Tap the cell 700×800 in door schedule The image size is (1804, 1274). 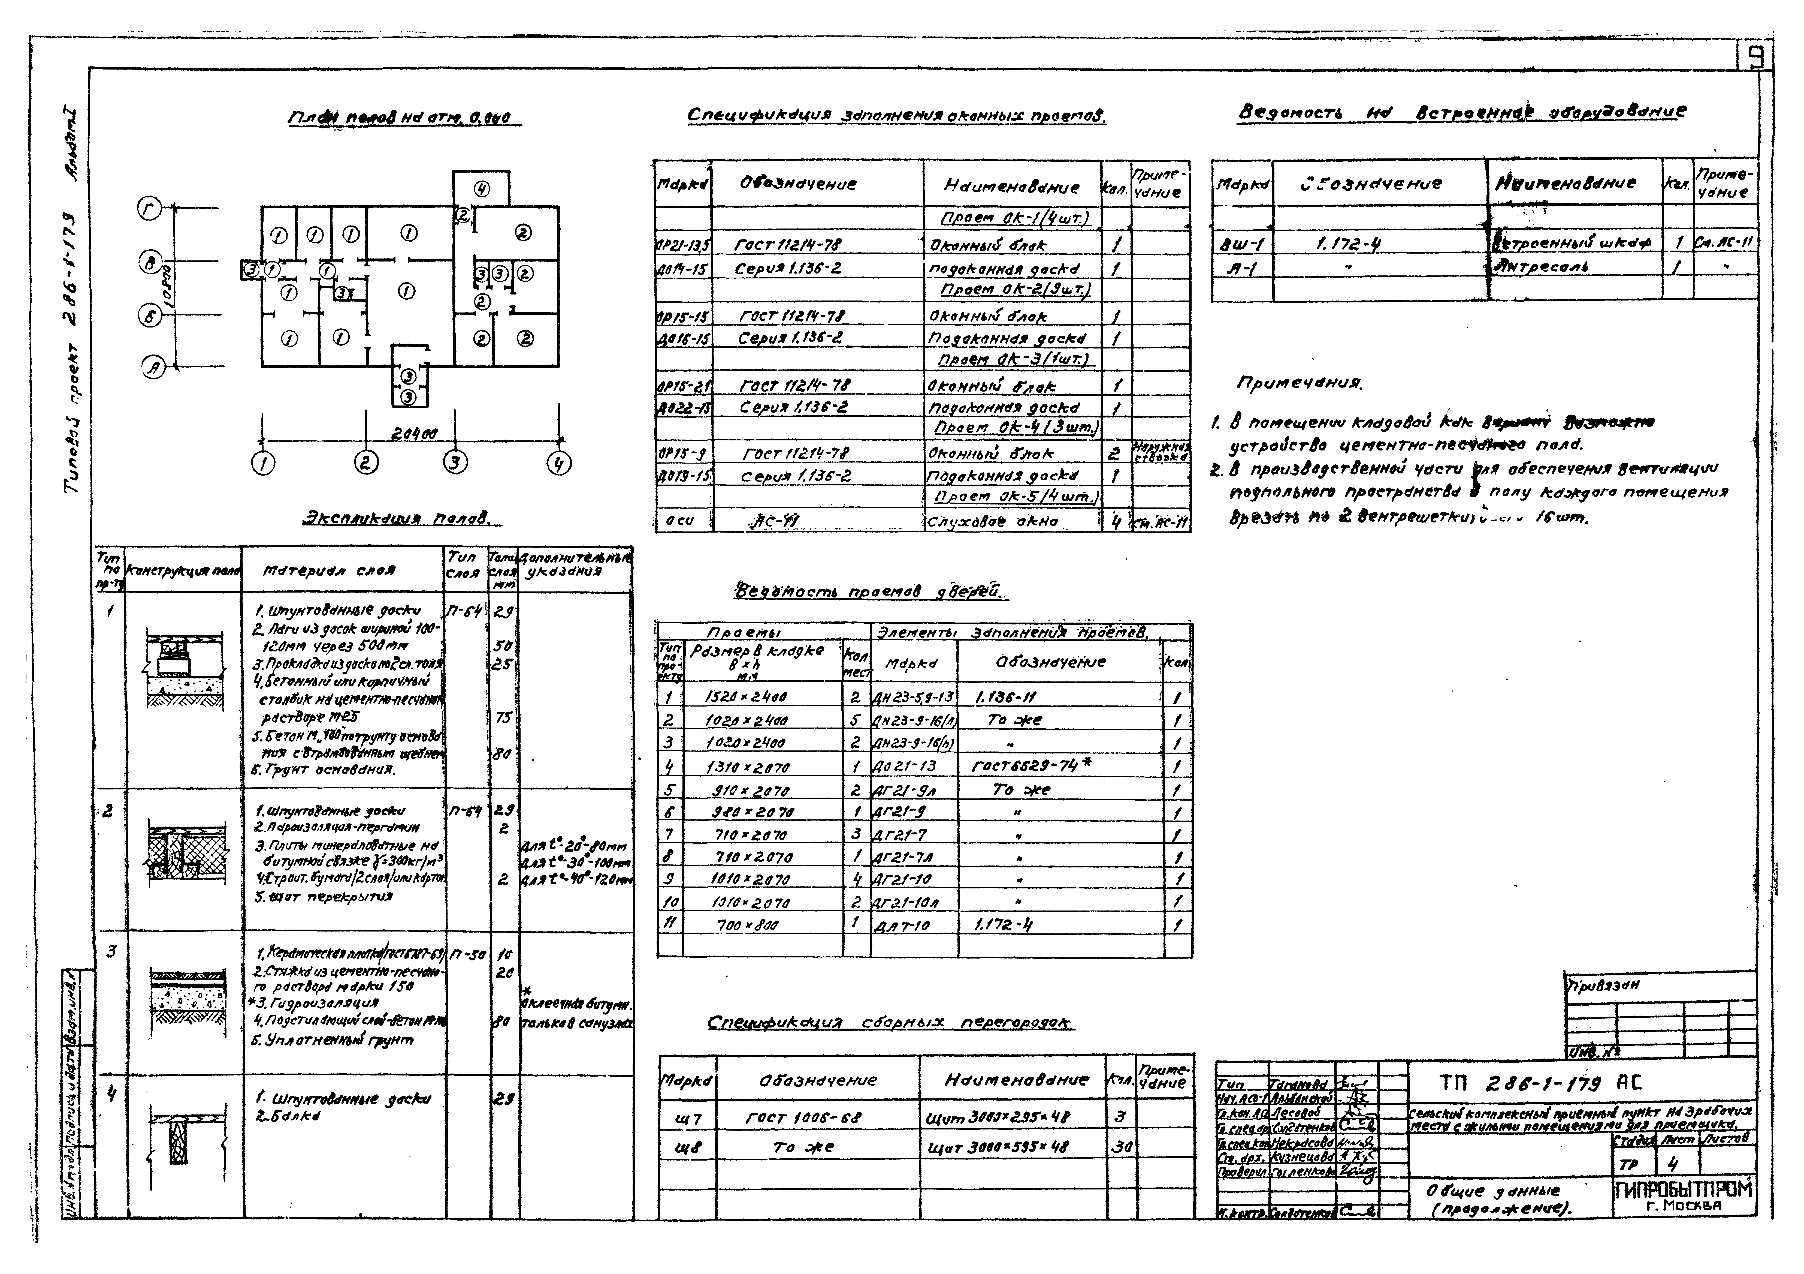[x=747, y=926]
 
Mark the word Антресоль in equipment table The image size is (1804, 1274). [x=1543, y=267]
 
